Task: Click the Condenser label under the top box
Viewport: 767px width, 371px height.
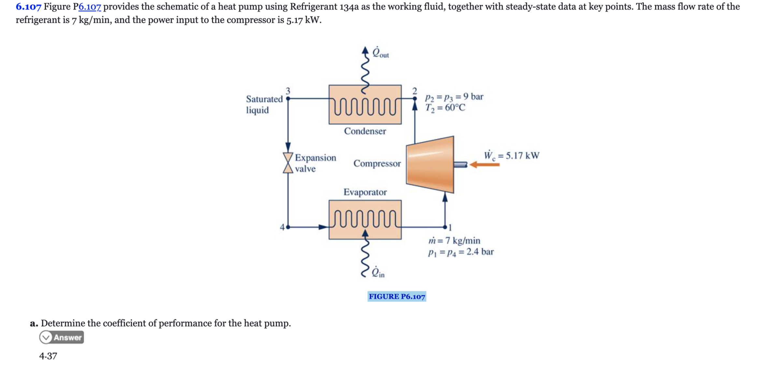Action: coord(365,131)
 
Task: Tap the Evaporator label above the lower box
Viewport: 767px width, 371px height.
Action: coord(365,192)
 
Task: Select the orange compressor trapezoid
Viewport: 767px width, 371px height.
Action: coord(430,165)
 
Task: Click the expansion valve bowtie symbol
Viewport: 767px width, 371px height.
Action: coord(288,163)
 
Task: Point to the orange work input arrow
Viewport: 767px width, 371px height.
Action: coord(485,165)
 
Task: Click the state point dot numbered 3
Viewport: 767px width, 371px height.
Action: coord(288,98)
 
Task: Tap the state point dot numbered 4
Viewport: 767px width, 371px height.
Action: coord(288,227)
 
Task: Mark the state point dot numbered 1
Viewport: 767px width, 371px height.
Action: coord(445,227)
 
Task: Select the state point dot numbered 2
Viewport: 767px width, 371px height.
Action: coord(414,98)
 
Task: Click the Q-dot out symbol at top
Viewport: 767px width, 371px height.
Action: coord(380,53)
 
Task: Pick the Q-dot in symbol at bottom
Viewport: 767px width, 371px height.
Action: coord(378,272)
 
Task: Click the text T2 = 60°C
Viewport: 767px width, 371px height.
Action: coord(445,108)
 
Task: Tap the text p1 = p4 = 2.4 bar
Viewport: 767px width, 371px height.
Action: coord(461,252)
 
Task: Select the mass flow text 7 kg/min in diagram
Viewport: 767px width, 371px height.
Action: coord(454,241)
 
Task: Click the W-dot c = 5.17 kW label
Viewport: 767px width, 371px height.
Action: coord(511,156)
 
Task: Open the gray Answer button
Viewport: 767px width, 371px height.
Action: coord(62,337)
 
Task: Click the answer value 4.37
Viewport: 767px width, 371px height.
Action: coord(48,356)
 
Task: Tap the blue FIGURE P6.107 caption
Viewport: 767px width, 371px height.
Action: coord(397,296)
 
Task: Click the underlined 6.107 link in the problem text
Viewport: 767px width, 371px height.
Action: coord(90,7)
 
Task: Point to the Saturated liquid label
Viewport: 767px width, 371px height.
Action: coord(264,104)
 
